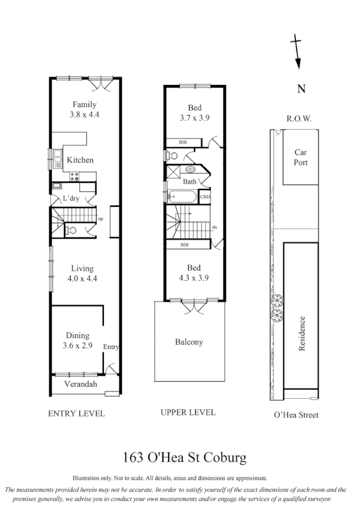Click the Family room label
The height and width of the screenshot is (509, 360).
(x=84, y=105)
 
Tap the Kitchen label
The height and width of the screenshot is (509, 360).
(x=80, y=160)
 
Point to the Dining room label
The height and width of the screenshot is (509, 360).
(x=78, y=335)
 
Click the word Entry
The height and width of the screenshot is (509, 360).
(x=111, y=347)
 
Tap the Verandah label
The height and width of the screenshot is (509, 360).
(x=81, y=385)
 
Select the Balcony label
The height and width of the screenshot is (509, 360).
(x=189, y=342)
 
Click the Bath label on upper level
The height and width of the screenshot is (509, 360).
(x=190, y=182)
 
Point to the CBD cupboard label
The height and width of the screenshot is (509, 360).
(x=205, y=197)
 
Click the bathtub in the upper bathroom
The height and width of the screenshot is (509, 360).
(x=183, y=197)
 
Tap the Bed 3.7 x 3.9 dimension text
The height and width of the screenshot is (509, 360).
(x=195, y=118)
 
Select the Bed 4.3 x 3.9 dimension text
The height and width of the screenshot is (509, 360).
(x=194, y=278)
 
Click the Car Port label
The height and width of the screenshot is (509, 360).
(x=300, y=158)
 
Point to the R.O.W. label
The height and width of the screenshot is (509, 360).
(x=300, y=119)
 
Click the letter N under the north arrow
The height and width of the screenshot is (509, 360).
(x=301, y=89)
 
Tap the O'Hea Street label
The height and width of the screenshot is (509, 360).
(x=296, y=415)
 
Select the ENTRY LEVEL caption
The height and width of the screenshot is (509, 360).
(x=76, y=414)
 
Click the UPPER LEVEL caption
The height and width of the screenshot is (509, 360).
(x=188, y=412)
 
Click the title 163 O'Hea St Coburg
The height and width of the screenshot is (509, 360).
(x=185, y=457)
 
